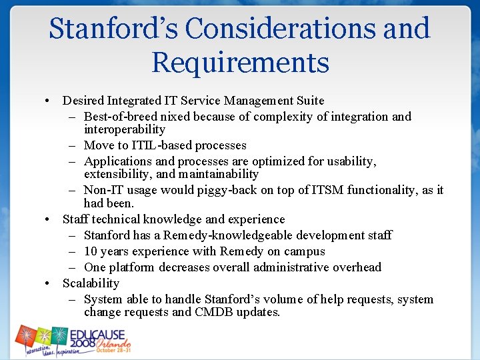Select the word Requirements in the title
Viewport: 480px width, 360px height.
pyautogui.click(x=240, y=63)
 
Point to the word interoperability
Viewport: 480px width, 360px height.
pyautogui.click(x=125, y=129)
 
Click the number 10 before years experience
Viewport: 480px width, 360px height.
pyautogui.click(x=91, y=251)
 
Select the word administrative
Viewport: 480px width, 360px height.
pyautogui.click(x=299, y=267)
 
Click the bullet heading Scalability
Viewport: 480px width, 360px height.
pyautogui.click(x=91, y=283)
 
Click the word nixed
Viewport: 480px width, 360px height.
pyautogui.click(x=175, y=117)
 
